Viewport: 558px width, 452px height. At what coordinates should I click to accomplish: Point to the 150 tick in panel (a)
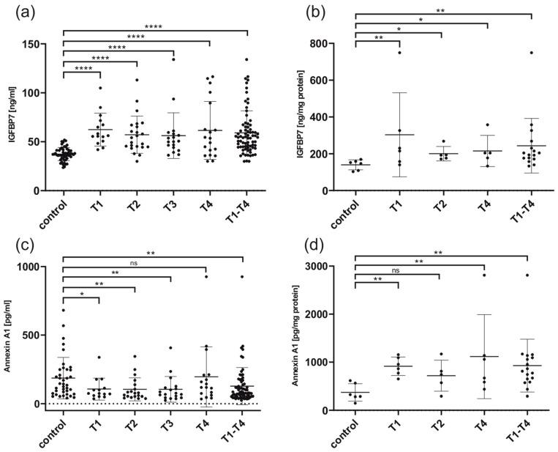pyautogui.click(x=49, y=44)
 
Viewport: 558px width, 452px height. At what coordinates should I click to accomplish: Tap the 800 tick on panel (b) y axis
pyautogui.click(x=339, y=43)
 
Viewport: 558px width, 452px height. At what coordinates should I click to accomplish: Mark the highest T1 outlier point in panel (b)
pyautogui.click(x=399, y=53)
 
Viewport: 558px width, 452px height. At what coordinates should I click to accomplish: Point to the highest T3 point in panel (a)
pyautogui.click(x=173, y=59)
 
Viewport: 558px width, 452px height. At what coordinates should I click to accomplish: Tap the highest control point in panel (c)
pyautogui.click(x=64, y=311)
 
